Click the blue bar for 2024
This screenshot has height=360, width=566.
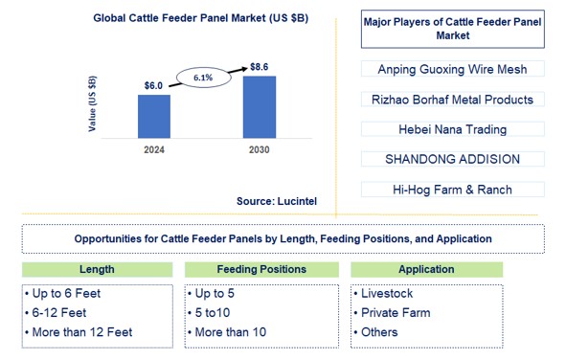pos(153,115)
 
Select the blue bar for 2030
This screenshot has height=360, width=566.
pos(260,106)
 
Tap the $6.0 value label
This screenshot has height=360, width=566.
pos(153,85)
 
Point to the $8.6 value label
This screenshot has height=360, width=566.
pos(260,66)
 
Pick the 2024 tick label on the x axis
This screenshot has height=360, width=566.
pos(153,150)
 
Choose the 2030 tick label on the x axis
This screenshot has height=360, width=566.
pos(260,150)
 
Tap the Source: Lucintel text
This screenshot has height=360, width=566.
pos(278,201)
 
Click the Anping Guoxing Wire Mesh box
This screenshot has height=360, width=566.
pos(453,69)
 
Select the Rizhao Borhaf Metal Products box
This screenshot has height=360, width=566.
pos(453,100)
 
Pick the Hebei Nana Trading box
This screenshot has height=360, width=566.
pos(453,129)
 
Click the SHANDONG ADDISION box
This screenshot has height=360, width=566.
pos(453,160)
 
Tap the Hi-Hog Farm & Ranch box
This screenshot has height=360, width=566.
pos(453,190)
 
